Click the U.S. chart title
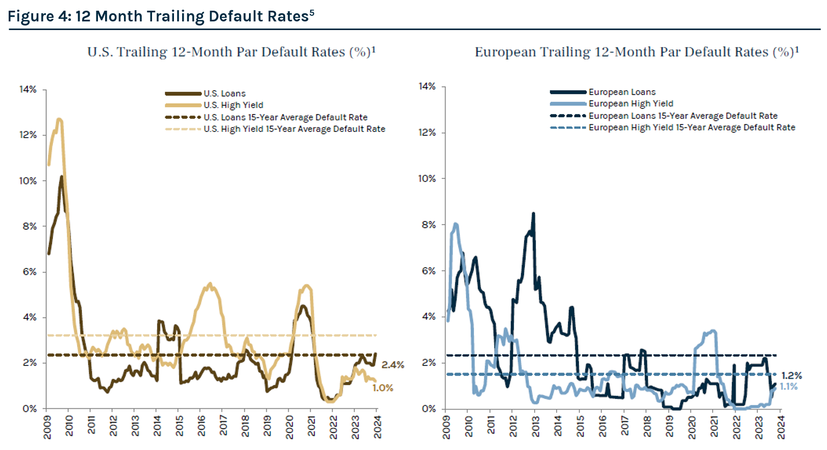231,52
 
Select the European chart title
636,52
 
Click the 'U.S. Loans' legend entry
224,94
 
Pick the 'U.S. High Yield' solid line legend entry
233,105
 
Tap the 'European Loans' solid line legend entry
622,92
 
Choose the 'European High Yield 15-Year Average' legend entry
692,127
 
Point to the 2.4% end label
393,365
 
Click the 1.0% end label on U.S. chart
383,388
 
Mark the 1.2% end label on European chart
791,376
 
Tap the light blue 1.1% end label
789,387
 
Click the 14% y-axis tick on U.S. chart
28,90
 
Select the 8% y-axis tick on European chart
429,225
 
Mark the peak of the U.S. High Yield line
59,120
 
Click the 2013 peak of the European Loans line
533,214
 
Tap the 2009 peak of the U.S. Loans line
61,177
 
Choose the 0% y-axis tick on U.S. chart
30,409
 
